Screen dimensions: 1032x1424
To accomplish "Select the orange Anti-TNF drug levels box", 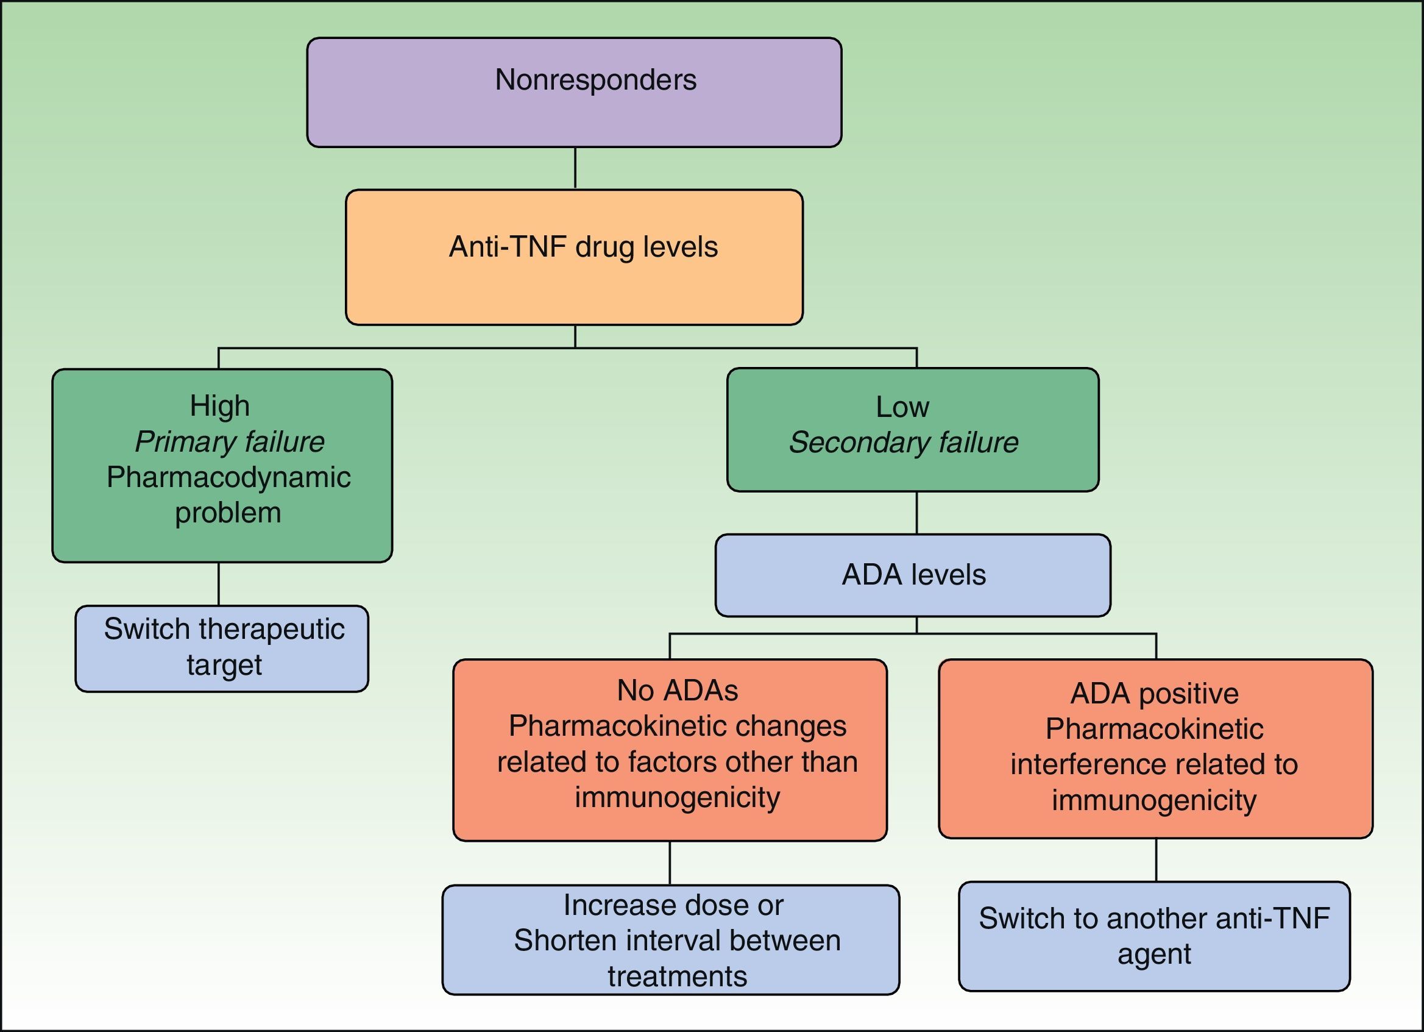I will [x=574, y=257].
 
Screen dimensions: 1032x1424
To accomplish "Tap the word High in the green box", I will [x=220, y=406].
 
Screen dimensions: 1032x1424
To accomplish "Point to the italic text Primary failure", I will [x=229, y=441].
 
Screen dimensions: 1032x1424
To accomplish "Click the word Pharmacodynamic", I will [x=228, y=477].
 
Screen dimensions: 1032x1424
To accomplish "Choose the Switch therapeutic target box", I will [x=222, y=648].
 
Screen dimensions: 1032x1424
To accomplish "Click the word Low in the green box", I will [x=902, y=407].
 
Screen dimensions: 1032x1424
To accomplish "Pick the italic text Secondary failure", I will [x=903, y=442].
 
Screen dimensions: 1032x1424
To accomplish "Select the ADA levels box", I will [x=913, y=575].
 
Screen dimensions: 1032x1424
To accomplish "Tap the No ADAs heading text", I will [x=677, y=690].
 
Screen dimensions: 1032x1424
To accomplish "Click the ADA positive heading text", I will [x=1154, y=694].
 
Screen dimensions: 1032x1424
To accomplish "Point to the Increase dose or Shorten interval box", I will [x=670, y=940].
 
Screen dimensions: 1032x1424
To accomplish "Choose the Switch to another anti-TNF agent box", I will [x=1154, y=936].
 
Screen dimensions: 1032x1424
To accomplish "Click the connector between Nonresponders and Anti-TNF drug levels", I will [x=575, y=168].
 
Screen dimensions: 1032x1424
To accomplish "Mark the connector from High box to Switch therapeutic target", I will [x=219, y=583].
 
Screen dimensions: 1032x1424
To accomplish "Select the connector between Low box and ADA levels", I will [x=916, y=513].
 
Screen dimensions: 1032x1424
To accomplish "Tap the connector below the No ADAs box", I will [x=670, y=863].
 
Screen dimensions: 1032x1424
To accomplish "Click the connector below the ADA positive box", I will [x=1156, y=860].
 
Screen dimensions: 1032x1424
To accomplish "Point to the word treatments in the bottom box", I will [x=677, y=976].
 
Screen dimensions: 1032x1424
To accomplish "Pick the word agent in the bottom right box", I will [x=1154, y=953].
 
